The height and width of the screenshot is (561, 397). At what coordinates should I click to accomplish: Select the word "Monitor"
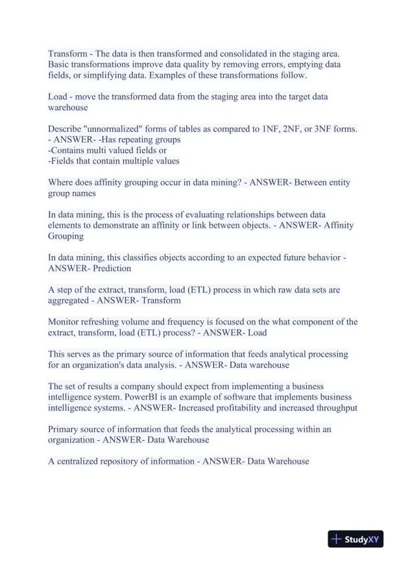[66, 322]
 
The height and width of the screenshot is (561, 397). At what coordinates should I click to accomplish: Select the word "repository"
[126, 461]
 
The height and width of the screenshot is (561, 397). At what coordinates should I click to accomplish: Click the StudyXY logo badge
[355, 539]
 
